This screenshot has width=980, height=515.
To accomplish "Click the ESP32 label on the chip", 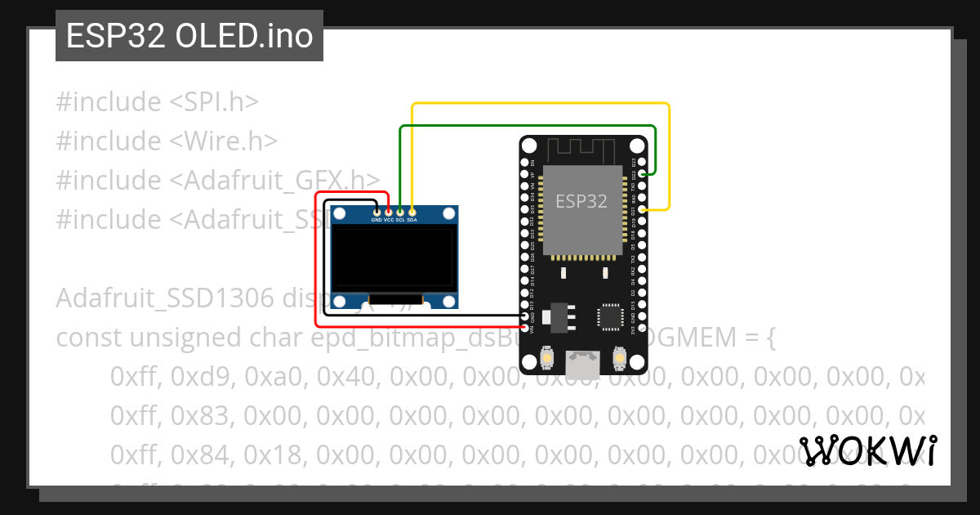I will (x=581, y=201).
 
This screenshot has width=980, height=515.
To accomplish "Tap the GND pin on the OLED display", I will (x=376, y=212).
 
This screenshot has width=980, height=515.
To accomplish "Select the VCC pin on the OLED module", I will (x=388, y=212).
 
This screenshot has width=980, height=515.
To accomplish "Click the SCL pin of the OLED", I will (x=400, y=212).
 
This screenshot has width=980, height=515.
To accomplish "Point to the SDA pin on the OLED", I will (x=412, y=212).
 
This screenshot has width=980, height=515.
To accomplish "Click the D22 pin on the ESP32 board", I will (x=643, y=174).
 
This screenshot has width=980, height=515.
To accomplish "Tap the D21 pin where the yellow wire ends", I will (x=643, y=210).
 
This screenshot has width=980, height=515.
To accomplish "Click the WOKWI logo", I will (x=869, y=451).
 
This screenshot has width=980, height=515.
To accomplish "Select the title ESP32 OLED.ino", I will (x=189, y=36).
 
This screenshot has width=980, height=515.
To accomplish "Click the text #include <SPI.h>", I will (x=157, y=102).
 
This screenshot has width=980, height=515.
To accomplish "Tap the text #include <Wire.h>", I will (x=167, y=141).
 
